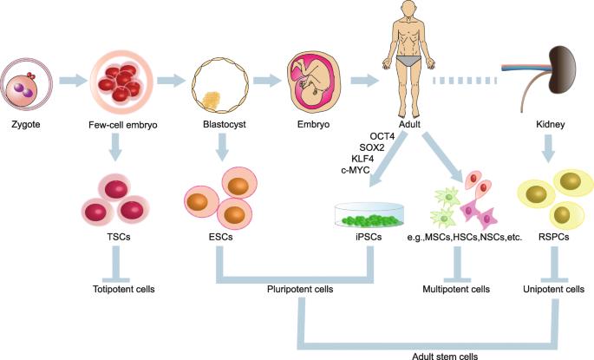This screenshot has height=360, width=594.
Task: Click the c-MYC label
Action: [356, 171]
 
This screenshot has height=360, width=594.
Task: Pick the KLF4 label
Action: [358, 159]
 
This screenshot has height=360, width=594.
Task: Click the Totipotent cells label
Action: [126, 289]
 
